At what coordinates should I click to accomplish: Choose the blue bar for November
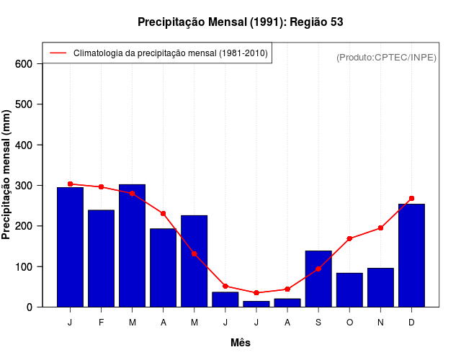pyautogui.click(x=380, y=287)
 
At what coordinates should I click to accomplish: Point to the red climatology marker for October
pyautogui.click(x=349, y=238)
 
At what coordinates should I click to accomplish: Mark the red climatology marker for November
pyautogui.click(x=380, y=228)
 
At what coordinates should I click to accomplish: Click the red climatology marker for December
pyautogui.click(x=411, y=198)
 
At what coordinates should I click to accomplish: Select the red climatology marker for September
pyautogui.click(x=318, y=269)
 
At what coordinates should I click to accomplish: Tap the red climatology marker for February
pyautogui.click(x=101, y=186)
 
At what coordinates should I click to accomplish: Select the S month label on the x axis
pyautogui.click(x=318, y=323)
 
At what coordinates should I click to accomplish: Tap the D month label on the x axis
pyautogui.click(x=411, y=323)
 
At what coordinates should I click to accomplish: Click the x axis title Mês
pyautogui.click(x=241, y=343)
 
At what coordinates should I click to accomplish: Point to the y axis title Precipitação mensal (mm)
pyautogui.click(x=7, y=175)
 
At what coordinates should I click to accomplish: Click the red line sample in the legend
pyautogui.click(x=58, y=53)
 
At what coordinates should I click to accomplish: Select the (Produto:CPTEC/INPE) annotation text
pyautogui.click(x=386, y=57)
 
